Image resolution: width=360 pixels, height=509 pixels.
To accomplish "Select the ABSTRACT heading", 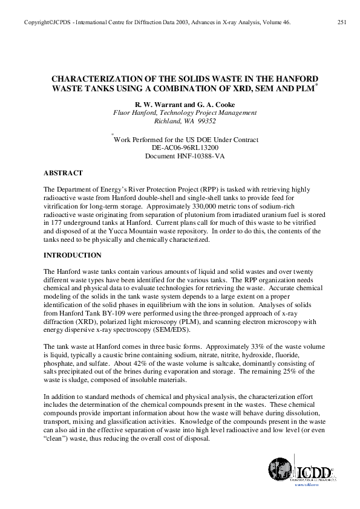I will [x=65, y=173].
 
